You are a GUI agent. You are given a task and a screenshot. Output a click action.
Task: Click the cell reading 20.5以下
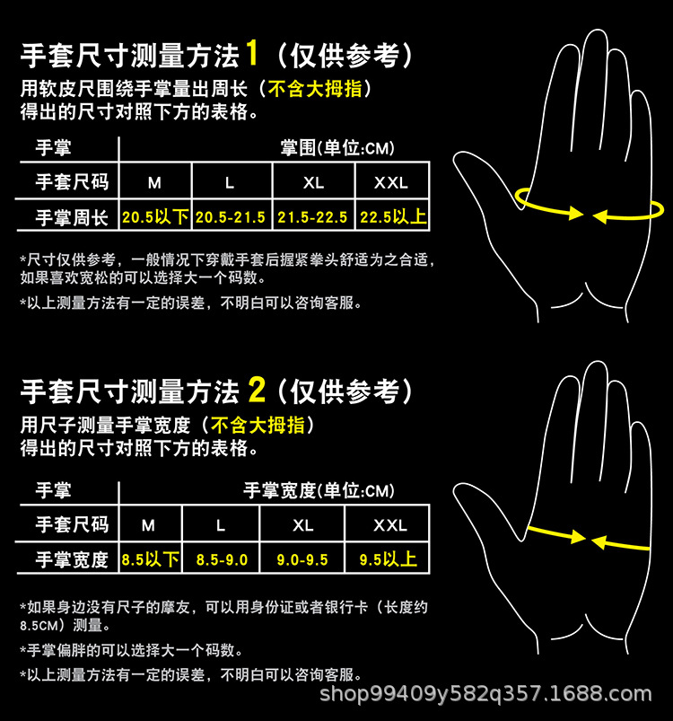coord(155,216)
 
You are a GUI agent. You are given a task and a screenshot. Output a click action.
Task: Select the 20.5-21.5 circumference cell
coord(231,217)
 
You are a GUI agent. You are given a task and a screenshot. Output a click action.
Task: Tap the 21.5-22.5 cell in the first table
coord(312,217)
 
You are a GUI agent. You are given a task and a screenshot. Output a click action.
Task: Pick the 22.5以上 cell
coord(393,216)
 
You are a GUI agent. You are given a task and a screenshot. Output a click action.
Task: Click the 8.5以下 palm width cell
coord(150,559)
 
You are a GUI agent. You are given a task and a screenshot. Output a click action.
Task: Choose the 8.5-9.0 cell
coord(222,559)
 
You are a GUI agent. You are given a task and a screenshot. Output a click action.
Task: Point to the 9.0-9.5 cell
coord(302,559)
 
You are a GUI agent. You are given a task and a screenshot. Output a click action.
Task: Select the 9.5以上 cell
coord(389,559)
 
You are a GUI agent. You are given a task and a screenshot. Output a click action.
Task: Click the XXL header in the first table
coord(391,182)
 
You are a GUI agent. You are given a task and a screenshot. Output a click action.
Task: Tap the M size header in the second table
coord(148,525)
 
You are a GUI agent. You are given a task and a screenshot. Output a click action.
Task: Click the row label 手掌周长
coord(72,217)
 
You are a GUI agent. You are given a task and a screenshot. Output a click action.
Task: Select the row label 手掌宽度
coord(72,559)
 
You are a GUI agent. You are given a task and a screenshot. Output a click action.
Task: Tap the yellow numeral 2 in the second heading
coord(257,390)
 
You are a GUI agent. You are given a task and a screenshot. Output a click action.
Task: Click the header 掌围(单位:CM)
coord(337,147)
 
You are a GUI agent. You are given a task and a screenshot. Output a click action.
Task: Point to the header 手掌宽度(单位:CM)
coord(319,490)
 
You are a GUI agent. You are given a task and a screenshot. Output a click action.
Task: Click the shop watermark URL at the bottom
coord(485,693)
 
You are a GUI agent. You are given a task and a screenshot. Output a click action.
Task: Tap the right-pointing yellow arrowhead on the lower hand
coord(578,537)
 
